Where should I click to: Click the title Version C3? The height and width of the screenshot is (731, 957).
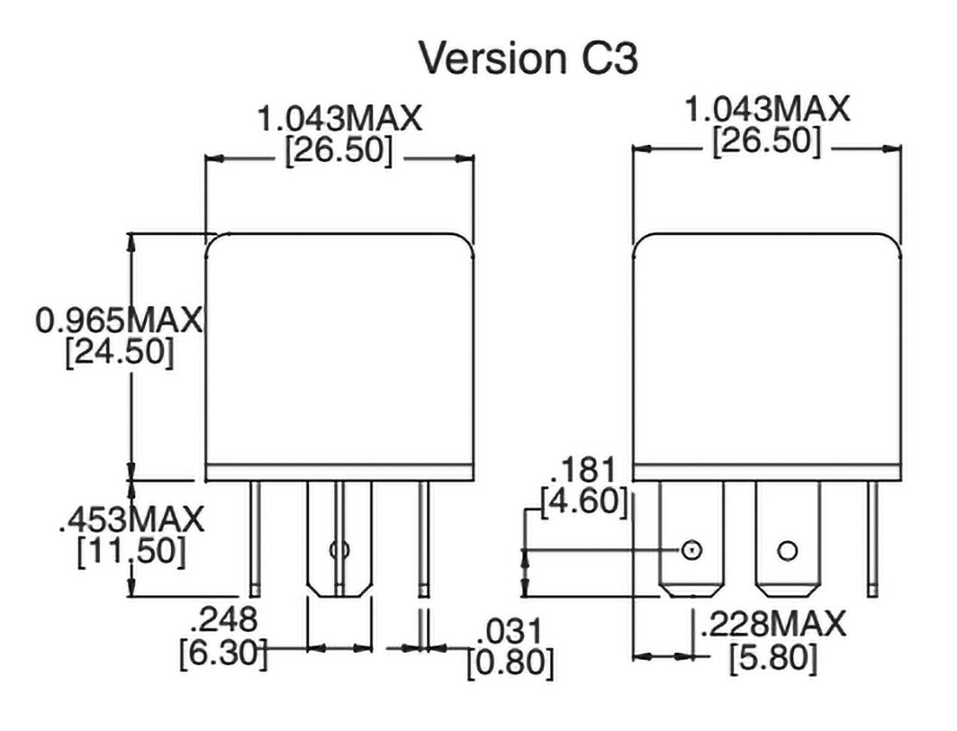pyautogui.click(x=528, y=59)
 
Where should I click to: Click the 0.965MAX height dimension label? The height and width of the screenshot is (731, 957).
pyautogui.click(x=119, y=320)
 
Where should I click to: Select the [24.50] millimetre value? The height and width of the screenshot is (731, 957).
pyautogui.click(x=120, y=352)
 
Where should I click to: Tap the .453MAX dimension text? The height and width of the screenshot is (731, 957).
pyautogui.click(x=131, y=519)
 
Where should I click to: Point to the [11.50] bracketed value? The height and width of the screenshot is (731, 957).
pyautogui.click(x=131, y=551)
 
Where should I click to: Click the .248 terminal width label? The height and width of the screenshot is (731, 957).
pyautogui.click(x=224, y=620)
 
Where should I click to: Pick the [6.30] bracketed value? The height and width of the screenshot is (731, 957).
pyautogui.click(x=223, y=653)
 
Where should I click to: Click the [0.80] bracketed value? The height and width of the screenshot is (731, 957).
pyautogui.click(x=510, y=663)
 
